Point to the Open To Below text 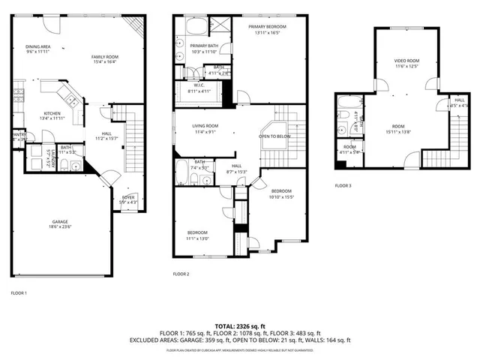click(x=274, y=136)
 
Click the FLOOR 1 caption click(x=19, y=292)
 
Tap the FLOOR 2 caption click(x=181, y=274)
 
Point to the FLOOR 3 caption click(x=343, y=184)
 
